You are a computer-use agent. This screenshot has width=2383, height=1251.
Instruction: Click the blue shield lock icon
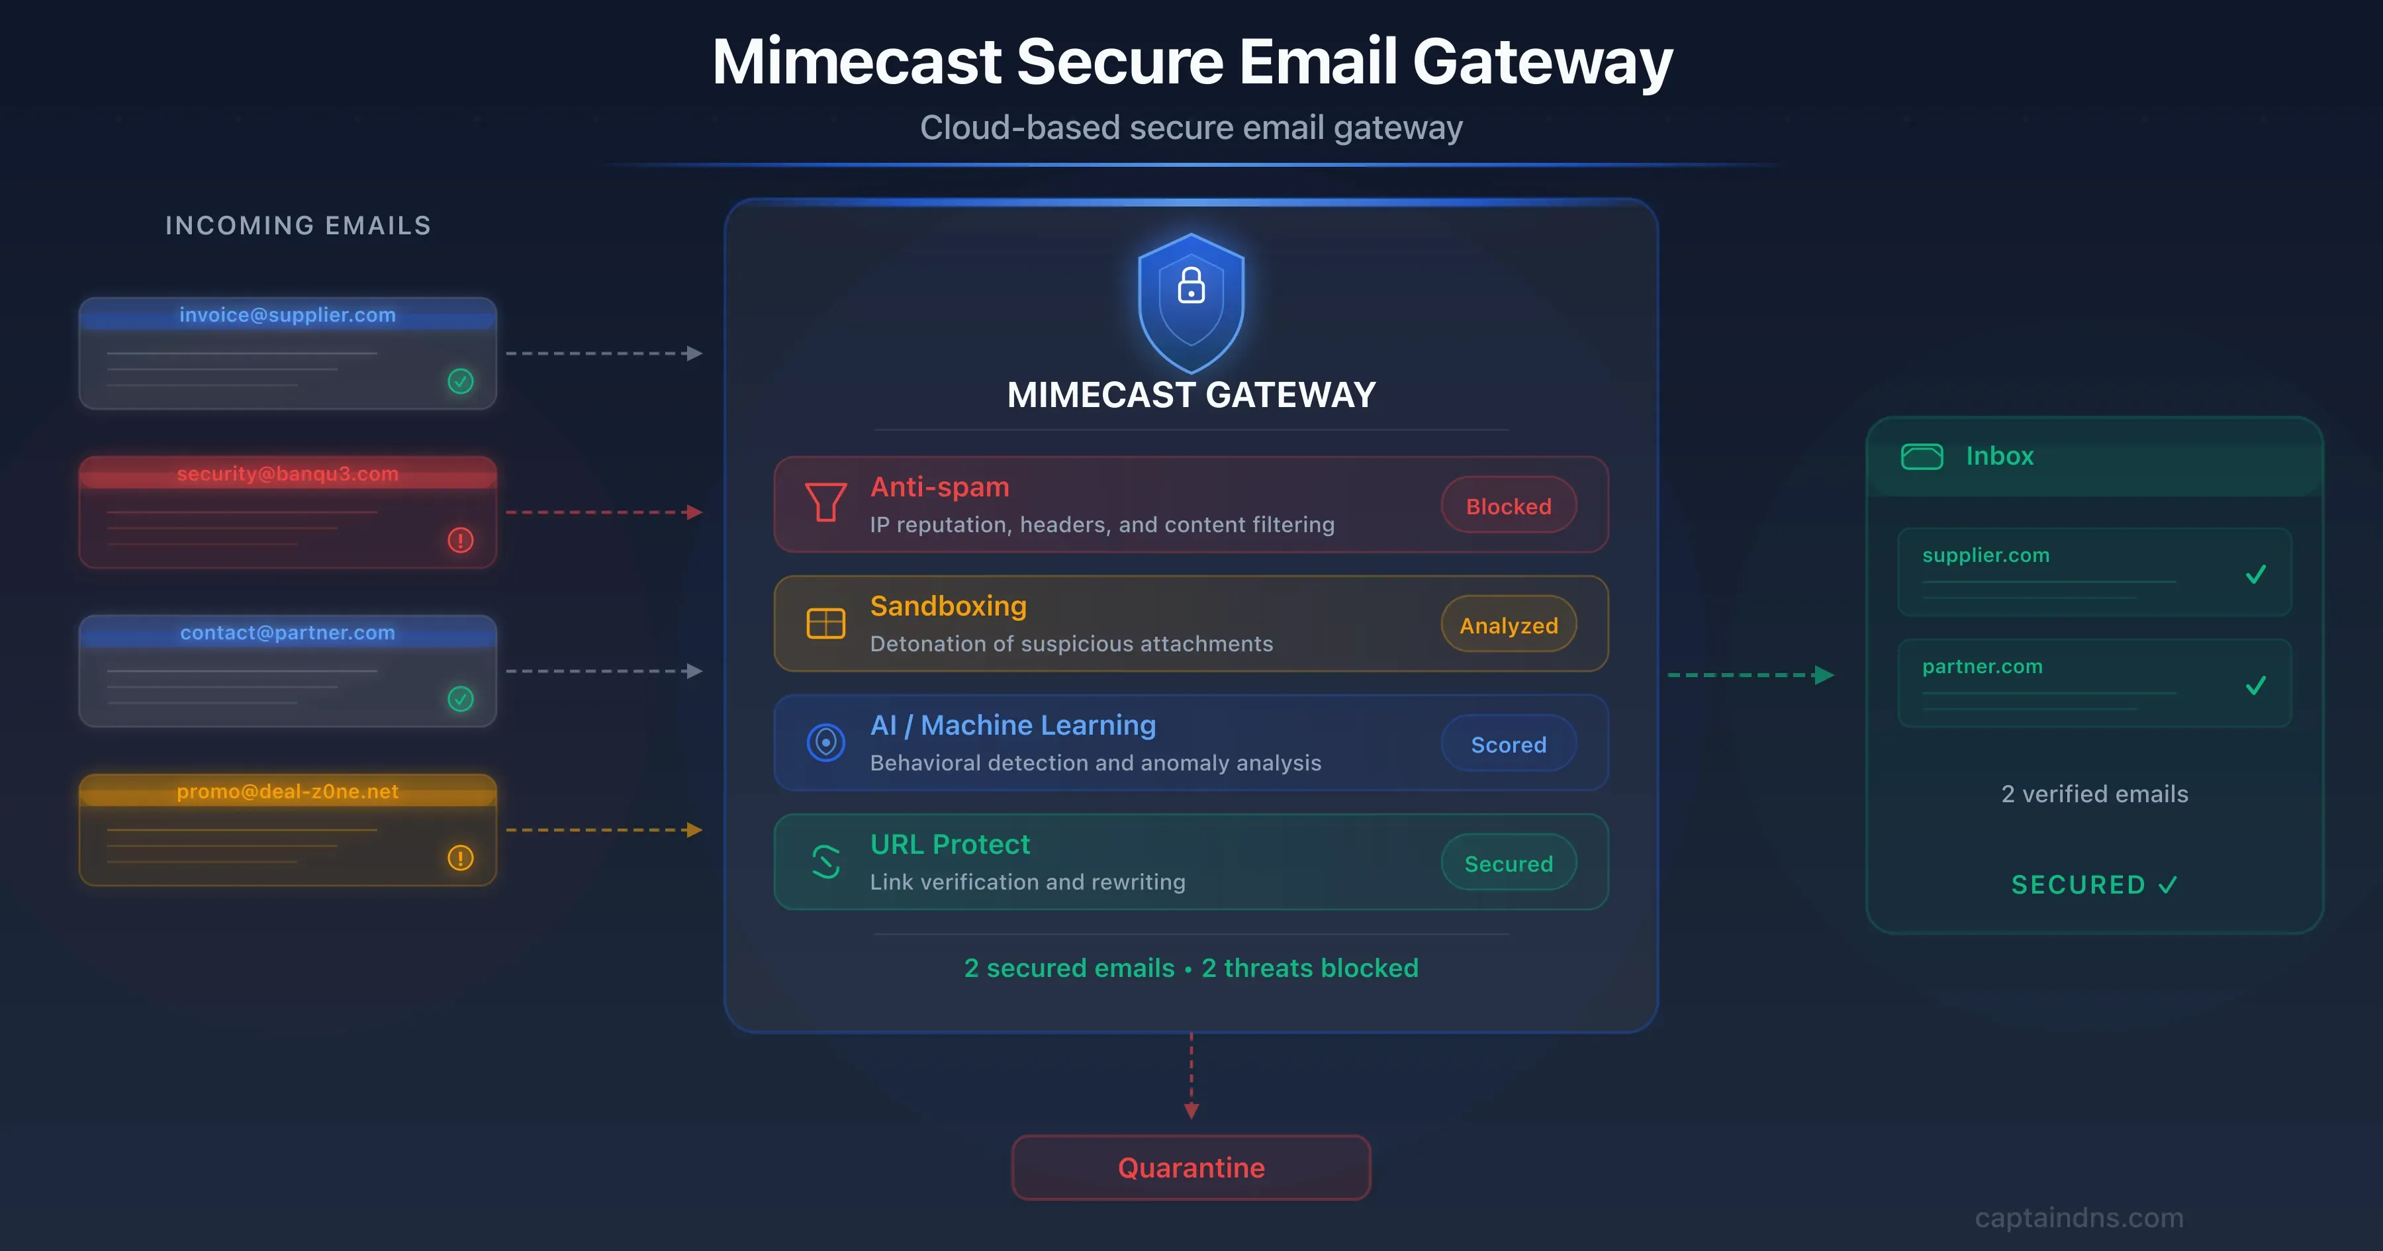click(x=1191, y=302)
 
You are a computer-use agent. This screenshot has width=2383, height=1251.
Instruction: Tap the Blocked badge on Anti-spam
click(x=1509, y=505)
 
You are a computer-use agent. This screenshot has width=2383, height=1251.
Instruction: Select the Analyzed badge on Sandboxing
click(x=1509, y=625)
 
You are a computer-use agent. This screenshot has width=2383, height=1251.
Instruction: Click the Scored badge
click(x=1509, y=744)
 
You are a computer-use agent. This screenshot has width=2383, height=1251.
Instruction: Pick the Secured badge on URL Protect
click(x=1509, y=863)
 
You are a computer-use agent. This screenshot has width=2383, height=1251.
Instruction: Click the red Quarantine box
click(x=1191, y=1168)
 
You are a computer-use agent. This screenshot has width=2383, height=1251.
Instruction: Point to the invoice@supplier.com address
click(x=288, y=314)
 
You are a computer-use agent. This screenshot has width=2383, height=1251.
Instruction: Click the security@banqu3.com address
click(x=288, y=474)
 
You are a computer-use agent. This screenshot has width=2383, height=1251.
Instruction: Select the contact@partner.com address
click(x=288, y=633)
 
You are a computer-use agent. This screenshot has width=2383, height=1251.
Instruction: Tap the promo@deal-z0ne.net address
click(x=288, y=792)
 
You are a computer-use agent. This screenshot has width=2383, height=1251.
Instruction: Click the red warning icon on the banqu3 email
click(x=461, y=540)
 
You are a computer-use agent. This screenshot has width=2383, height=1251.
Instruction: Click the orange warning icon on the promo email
click(x=461, y=858)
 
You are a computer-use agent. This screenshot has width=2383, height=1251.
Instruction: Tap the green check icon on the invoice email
click(x=461, y=381)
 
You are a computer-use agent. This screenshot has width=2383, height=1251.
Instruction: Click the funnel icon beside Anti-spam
click(x=825, y=502)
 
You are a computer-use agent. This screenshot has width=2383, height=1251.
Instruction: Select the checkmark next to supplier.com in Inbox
click(x=2257, y=575)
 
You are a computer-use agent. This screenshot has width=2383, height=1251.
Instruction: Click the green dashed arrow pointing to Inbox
click(x=1750, y=675)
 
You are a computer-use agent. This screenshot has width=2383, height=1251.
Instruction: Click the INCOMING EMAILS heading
click(x=298, y=226)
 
